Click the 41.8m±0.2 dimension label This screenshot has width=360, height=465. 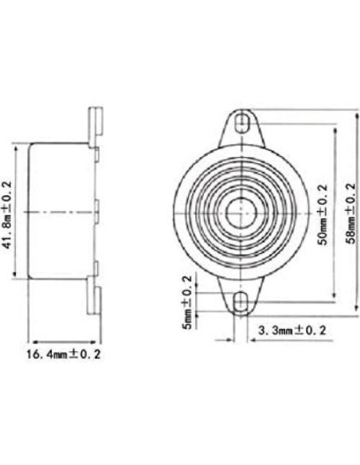point(6,215)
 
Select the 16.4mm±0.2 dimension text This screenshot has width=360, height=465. point(64,354)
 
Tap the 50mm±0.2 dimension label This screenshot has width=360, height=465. point(323,215)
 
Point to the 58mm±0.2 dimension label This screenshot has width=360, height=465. point(350,213)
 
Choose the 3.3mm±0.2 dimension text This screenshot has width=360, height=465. point(292,330)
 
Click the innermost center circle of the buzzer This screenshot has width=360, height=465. point(241,213)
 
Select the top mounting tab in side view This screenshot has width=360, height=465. point(96,126)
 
